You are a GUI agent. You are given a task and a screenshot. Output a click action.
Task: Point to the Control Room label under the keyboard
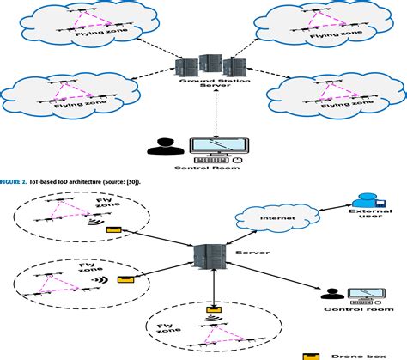pyautogui.click(x=203, y=169)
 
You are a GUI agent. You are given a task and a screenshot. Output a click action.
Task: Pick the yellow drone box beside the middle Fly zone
pyautogui.click(x=126, y=279)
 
